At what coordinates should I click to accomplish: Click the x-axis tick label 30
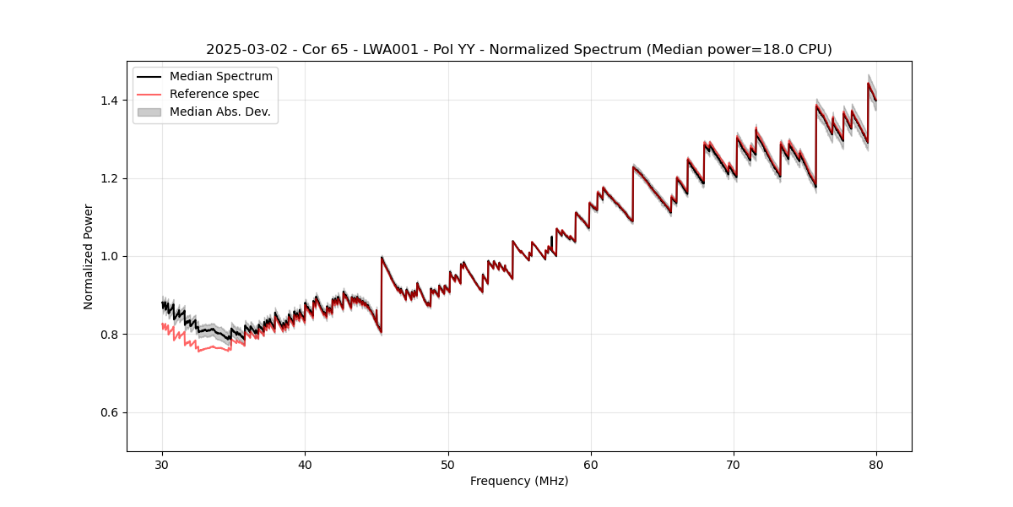point(162,464)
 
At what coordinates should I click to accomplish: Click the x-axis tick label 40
point(305,464)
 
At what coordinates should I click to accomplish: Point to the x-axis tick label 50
point(448,464)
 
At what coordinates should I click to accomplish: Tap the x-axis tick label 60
point(591,464)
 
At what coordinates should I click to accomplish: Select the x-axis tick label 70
point(734,464)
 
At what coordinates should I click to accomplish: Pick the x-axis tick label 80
point(876,464)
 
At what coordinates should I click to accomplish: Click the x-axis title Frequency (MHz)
point(519,481)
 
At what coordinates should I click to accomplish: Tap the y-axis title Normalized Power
point(89,256)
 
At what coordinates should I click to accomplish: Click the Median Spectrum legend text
point(220,77)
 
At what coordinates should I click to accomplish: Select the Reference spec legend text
point(214,94)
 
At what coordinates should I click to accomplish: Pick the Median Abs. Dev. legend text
point(219,112)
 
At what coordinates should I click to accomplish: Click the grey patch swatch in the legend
point(149,112)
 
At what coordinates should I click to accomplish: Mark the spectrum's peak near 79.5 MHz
point(868,83)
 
